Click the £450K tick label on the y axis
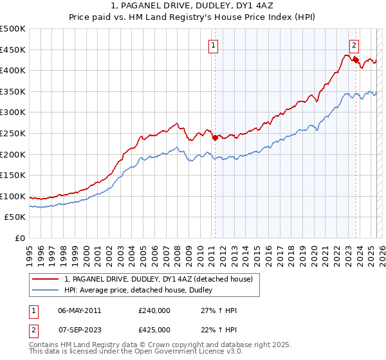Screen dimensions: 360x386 [x=13, y=50]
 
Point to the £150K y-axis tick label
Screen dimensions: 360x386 [x=13, y=175]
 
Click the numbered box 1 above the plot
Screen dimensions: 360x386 [x=213, y=45]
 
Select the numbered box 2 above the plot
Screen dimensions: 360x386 [x=354, y=45]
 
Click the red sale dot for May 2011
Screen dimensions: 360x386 [x=215, y=136]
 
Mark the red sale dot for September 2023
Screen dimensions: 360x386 [x=355, y=60]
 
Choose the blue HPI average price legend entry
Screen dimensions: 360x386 [x=142, y=291]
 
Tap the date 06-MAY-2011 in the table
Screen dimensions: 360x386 [x=79, y=310]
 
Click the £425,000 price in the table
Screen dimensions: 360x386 [x=154, y=330]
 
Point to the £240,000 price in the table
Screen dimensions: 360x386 [x=154, y=310]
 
